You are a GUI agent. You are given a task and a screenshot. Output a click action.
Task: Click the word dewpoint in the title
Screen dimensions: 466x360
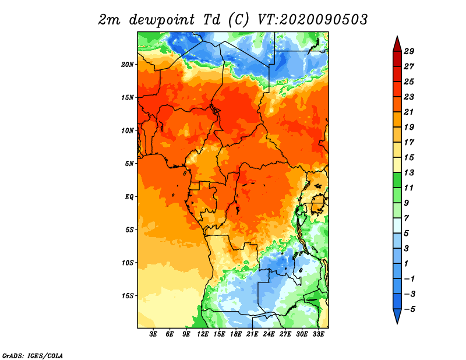click(161, 20)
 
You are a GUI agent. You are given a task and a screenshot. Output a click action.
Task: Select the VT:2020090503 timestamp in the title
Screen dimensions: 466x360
click(312, 20)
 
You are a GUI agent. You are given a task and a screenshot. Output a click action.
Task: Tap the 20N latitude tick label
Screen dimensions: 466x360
click(128, 65)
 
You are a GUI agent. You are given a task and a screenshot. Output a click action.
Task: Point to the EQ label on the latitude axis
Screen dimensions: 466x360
click(129, 196)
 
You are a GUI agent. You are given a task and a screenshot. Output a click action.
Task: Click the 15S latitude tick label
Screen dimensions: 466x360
click(128, 296)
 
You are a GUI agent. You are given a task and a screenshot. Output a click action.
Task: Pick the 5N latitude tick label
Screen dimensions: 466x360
click(129, 164)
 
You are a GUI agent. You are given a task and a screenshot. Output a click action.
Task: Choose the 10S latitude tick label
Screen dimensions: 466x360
click(128, 263)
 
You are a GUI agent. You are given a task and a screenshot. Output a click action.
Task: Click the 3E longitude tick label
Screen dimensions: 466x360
click(153, 334)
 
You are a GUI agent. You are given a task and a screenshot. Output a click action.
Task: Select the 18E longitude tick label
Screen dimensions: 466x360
click(236, 334)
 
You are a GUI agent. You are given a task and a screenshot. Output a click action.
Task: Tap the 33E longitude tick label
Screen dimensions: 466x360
click(318, 334)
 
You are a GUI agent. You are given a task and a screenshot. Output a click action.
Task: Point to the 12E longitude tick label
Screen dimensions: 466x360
click(203, 334)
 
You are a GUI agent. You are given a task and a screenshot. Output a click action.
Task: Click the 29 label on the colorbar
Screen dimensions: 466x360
click(409, 51)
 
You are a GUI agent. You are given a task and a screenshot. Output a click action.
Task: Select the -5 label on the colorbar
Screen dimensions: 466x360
click(409, 309)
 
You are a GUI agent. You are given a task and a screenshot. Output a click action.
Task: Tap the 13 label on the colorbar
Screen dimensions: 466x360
click(409, 172)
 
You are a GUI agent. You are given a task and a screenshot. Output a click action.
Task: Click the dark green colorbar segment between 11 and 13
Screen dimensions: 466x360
click(397, 180)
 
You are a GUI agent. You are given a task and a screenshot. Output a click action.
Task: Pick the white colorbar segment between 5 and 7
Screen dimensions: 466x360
click(397, 225)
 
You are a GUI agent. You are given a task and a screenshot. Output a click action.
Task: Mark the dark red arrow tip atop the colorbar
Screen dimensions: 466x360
click(397, 37)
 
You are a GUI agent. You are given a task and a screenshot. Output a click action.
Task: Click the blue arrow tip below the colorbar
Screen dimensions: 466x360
click(397, 323)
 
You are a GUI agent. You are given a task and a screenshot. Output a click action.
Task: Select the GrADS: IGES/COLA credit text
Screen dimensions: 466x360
click(33, 355)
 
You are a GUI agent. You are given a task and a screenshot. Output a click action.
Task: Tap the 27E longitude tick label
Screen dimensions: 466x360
click(285, 334)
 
